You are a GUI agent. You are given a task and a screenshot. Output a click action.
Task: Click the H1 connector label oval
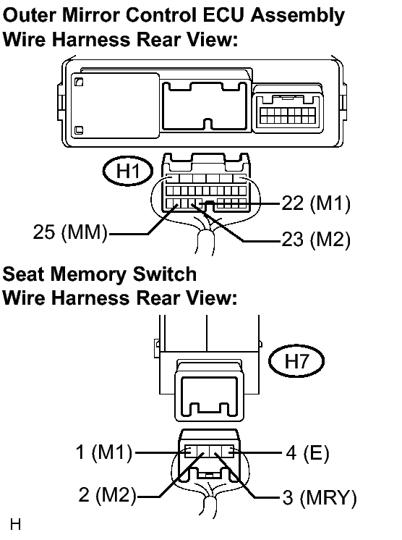(127, 171)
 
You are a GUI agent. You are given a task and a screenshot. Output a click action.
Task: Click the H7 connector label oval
(296, 361)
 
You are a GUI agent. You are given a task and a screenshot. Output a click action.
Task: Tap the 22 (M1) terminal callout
(316, 203)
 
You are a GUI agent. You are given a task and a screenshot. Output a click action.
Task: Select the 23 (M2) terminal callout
(316, 240)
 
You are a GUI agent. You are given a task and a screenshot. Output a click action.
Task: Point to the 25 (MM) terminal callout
(71, 232)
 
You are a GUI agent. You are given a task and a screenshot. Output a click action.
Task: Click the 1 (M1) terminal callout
(104, 452)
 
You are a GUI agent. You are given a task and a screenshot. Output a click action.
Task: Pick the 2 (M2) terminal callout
(108, 495)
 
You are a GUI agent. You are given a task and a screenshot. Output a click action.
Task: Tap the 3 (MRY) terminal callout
(320, 497)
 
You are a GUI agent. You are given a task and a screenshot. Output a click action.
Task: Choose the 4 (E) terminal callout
(307, 452)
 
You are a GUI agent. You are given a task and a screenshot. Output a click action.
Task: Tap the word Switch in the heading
(165, 274)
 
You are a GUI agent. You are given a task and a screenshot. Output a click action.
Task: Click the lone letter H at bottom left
(16, 524)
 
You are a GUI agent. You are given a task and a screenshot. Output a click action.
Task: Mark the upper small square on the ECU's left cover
(79, 82)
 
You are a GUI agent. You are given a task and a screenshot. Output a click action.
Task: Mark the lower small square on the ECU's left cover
(79, 130)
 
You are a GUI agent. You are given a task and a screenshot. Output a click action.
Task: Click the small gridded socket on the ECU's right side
(288, 115)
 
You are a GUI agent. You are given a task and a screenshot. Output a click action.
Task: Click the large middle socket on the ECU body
(205, 106)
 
